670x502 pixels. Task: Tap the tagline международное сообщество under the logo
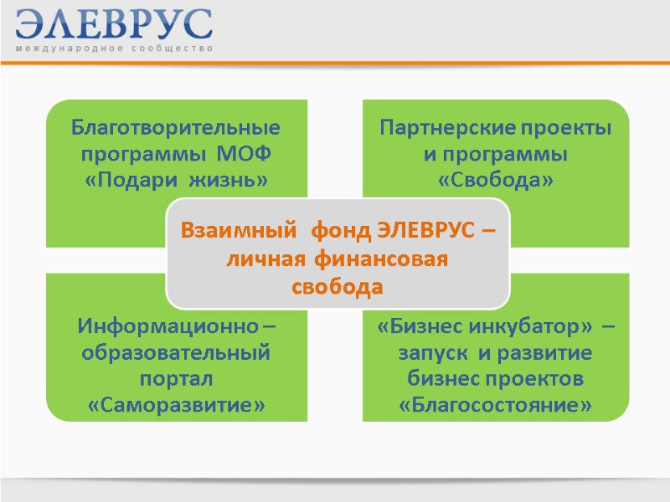click(114, 49)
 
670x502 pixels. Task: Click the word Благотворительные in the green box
click(175, 129)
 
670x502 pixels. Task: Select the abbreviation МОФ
click(245, 155)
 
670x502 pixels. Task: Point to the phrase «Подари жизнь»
click(175, 180)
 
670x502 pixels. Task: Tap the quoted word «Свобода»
click(496, 180)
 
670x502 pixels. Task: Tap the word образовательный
click(175, 352)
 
